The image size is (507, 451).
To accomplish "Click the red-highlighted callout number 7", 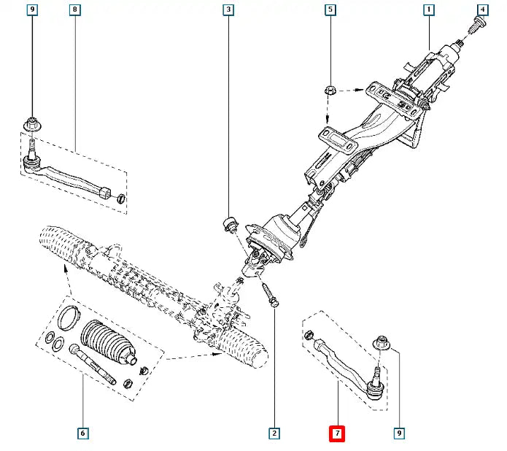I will (336, 433).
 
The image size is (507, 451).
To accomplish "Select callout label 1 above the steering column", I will (429, 10).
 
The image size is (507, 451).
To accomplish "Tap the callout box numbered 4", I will (482, 10).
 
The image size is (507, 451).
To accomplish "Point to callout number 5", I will (330, 10).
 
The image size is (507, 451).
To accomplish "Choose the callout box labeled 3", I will (228, 10).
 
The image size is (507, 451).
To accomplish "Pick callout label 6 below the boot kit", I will (82, 433).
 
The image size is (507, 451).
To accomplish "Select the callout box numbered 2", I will (274, 433).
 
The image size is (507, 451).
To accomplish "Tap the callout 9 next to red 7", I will (400, 433).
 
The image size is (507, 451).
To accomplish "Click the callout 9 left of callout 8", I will (32, 10).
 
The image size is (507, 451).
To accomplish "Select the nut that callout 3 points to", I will (228, 223).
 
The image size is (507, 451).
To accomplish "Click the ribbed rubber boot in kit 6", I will (108, 342).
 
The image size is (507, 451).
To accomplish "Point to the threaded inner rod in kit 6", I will (92, 364).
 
